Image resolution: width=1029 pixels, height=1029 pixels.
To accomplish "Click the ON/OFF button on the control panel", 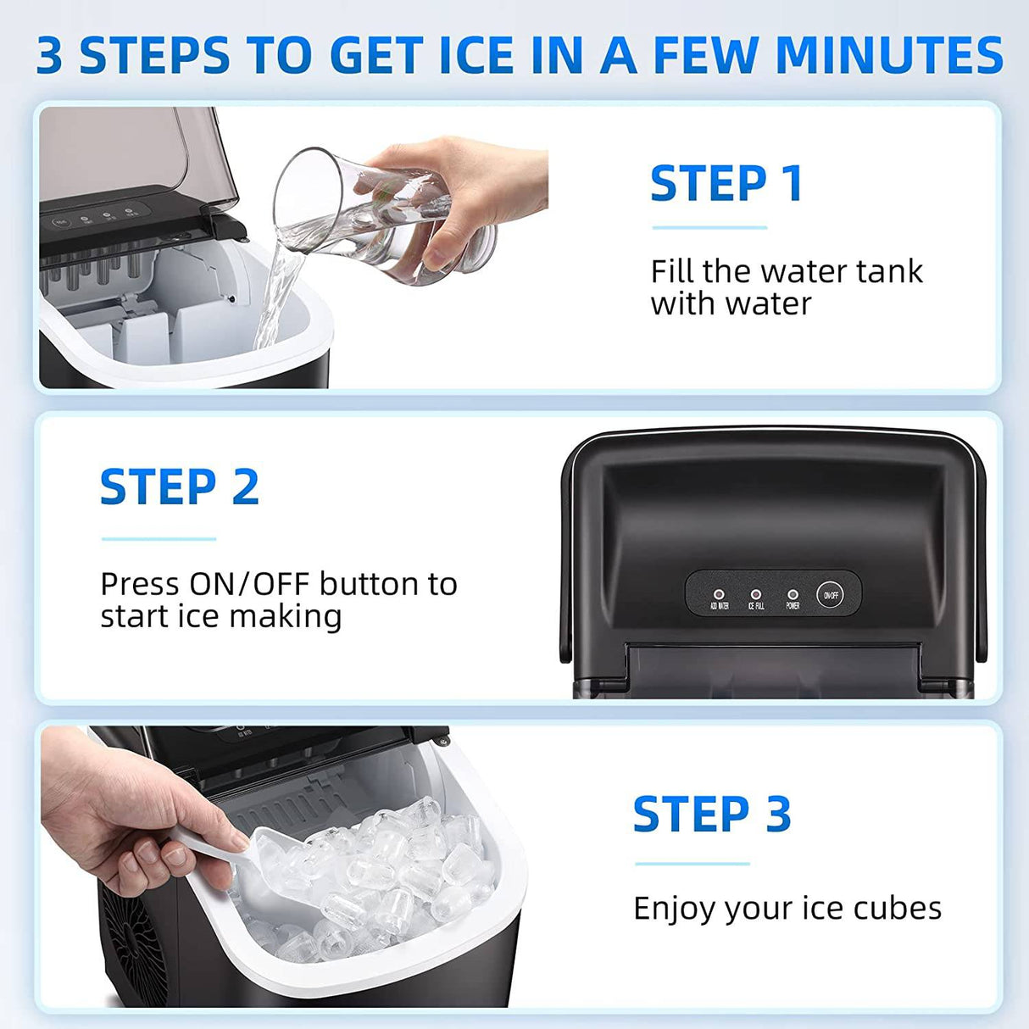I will pos(831,595).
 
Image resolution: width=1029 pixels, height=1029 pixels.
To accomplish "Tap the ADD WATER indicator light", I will pos(719,595).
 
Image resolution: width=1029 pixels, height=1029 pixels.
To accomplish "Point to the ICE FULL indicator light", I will pos(756,595).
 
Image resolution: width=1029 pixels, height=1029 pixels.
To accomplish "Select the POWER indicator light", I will pos(793,595).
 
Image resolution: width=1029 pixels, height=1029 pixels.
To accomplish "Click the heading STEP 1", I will pos(726,184).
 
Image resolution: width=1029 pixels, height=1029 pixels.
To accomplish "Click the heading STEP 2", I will pos(180,487).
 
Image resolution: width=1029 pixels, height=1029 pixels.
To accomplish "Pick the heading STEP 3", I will pos(712,815).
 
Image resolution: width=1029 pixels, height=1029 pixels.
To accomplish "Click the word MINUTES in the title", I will pos(889,55).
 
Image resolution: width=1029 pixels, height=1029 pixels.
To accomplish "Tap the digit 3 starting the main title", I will pos(49,56).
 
